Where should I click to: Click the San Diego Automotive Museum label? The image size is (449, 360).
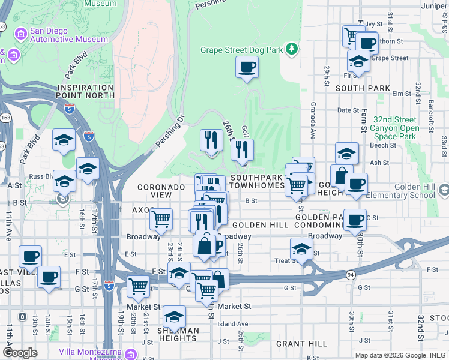tap(62, 35)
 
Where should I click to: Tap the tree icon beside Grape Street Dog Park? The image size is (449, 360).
tap(292, 48)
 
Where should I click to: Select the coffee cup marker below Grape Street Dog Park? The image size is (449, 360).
tap(246, 67)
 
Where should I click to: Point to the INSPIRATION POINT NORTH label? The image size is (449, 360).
tap(86, 91)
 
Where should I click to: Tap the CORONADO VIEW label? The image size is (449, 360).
tap(161, 191)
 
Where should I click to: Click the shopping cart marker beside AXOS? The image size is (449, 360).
tap(161, 220)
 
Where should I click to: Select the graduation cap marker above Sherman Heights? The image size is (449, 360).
tap(174, 317)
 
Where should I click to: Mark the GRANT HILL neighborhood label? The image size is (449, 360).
tap(301, 344)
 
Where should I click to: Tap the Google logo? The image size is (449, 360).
tap(20, 352)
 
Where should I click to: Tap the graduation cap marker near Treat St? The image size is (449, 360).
tap(301, 249)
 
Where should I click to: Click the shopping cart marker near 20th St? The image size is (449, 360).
tap(139, 287)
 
